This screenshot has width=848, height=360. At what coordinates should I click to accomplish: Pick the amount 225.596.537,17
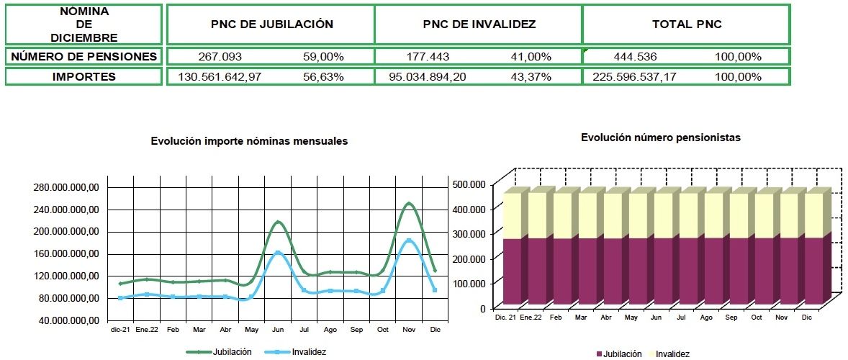point(634,77)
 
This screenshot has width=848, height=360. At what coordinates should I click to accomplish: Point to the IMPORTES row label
point(84,77)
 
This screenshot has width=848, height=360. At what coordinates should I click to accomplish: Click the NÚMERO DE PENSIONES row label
point(84,57)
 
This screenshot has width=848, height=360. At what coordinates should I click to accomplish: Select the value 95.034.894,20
point(425,77)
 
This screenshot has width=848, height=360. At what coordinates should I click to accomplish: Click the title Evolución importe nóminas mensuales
point(249,141)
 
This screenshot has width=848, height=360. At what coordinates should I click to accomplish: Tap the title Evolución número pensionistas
point(661,137)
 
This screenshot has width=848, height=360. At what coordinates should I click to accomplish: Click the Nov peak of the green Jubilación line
point(409,204)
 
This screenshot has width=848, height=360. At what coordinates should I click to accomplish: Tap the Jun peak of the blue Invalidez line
point(278,253)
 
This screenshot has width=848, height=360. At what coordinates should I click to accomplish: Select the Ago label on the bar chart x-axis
point(706,318)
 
